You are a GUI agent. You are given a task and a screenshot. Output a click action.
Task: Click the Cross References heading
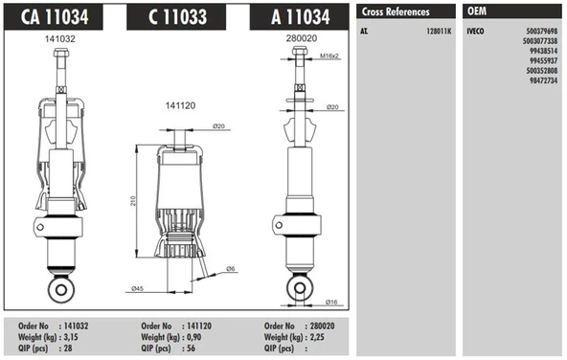click(395, 11)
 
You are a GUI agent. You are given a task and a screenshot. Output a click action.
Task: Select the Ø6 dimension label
click(232, 268)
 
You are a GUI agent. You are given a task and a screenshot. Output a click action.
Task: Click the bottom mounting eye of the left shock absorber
click(60, 287)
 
